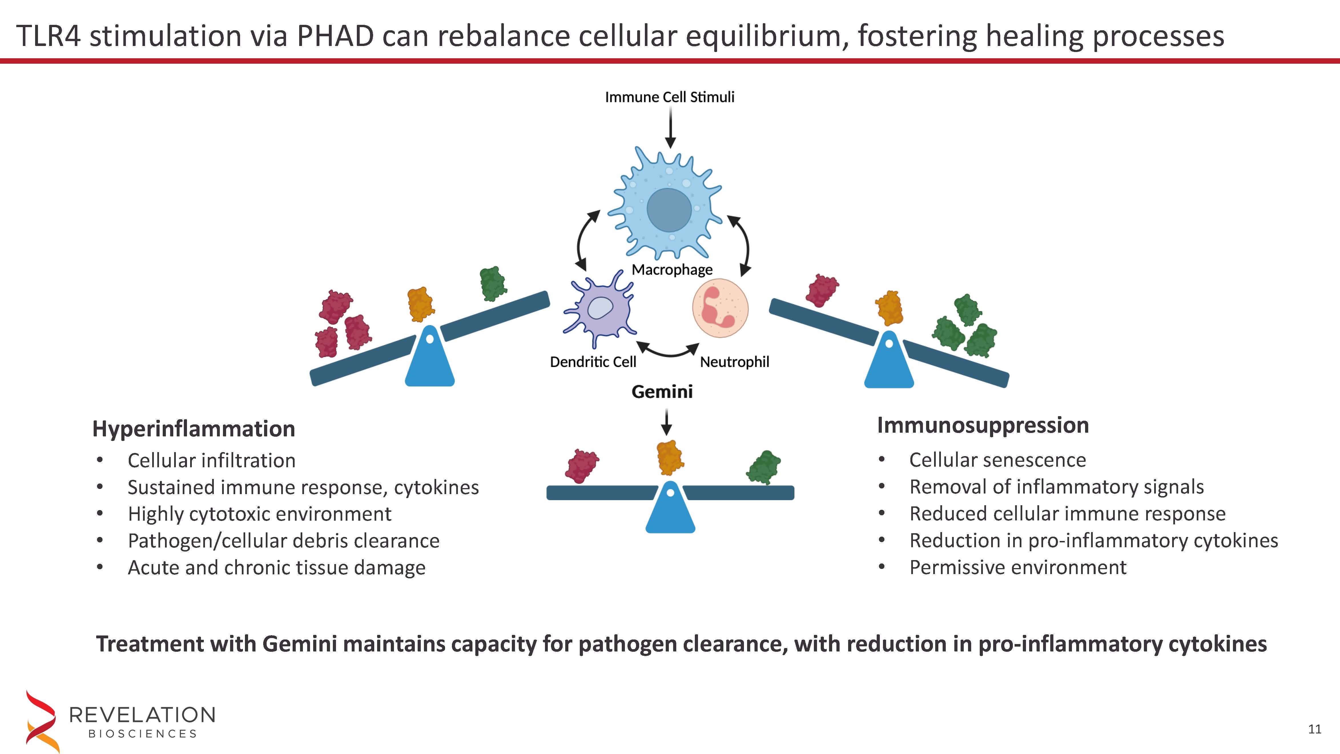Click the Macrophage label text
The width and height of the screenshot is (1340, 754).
[671, 270]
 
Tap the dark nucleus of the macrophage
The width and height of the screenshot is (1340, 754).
[669, 210]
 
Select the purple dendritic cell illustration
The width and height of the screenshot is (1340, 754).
[600, 310]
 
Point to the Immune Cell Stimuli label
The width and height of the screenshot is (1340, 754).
[669, 97]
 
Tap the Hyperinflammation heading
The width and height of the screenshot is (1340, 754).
[194, 429]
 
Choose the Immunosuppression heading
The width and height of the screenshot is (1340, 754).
[983, 425]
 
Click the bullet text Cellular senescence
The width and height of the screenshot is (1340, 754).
[997, 460]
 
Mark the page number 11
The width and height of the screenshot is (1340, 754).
[1315, 729]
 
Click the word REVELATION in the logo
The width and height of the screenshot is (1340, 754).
[142, 715]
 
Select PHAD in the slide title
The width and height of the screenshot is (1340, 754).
[335, 37]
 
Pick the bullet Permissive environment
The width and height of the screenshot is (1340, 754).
[1017, 567]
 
